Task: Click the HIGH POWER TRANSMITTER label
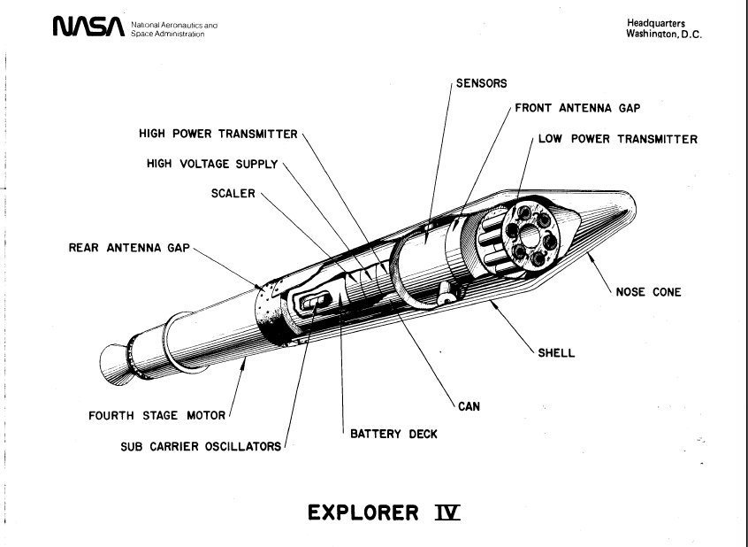point(218,135)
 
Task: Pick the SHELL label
point(557,352)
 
